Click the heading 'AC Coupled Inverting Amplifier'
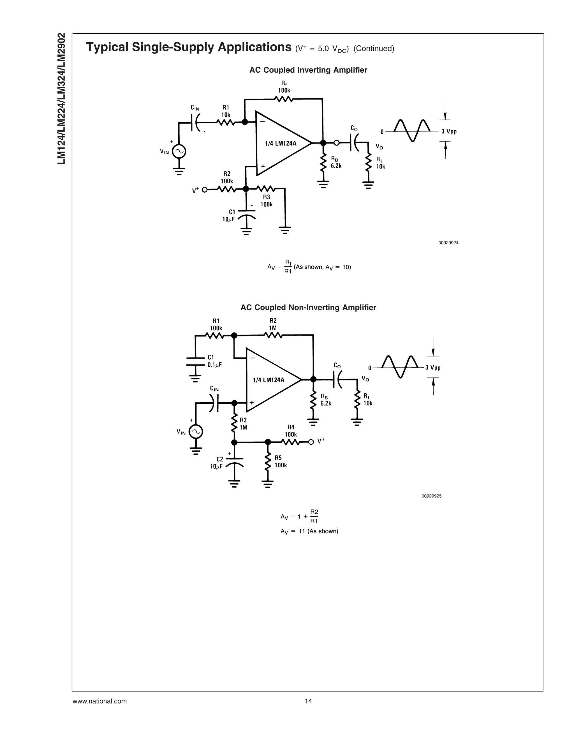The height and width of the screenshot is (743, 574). click(x=308, y=70)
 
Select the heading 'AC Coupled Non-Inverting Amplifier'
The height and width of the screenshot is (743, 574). click(x=308, y=308)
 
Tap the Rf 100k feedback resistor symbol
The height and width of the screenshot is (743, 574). click(x=284, y=99)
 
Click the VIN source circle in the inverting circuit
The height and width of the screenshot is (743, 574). click(x=179, y=152)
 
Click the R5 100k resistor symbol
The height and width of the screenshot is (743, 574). click(x=268, y=461)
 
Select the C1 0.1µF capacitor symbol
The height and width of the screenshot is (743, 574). click(x=195, y=361)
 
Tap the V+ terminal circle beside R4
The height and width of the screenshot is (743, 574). click(x=311, y=442)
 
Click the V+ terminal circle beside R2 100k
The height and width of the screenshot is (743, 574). click(x=204, y=190)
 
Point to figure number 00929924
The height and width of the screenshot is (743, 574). click(x=448, y=243)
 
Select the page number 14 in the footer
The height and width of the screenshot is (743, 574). click(x=308, y=701)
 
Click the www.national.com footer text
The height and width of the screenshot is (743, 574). click(x=99, y=701)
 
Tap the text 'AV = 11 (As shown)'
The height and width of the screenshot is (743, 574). click(x=309, y=531)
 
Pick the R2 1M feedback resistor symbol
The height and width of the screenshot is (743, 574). click(x=273, y=335)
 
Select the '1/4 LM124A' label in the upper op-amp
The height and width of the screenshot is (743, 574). click(x=281, y=144)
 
